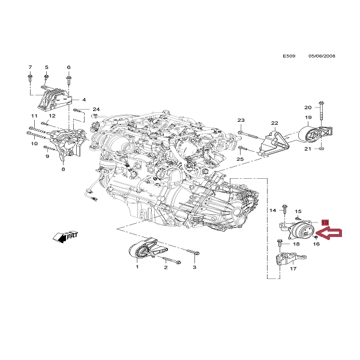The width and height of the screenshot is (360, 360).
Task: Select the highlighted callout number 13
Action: point(325,223)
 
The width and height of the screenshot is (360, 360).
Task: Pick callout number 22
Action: point(274,122)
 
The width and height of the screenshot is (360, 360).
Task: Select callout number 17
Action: point(293,269)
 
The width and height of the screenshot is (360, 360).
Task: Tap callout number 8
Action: point(62,170)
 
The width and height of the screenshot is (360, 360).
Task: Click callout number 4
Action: point(84,100)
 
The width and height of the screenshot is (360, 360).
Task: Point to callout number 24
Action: point(96,109)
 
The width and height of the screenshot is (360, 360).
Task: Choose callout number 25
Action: point(241,160)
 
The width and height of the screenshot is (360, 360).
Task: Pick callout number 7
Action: point(29,67)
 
